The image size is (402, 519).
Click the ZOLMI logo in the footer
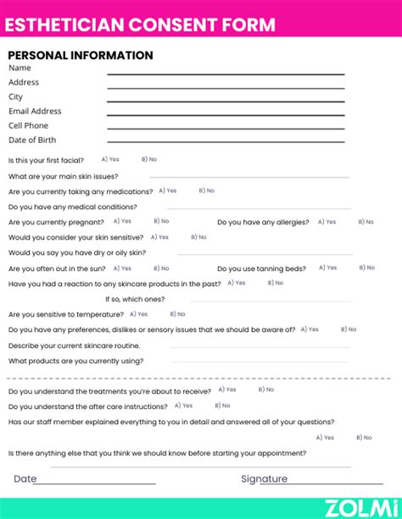point(361,506)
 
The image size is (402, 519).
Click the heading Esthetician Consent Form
point(140,24)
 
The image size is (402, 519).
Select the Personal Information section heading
point(81,56)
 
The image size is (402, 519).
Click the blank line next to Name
point(225,75)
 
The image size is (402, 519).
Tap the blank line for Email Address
point(225,116)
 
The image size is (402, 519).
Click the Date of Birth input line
point(225,144)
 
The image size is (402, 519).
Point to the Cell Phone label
point(29,125)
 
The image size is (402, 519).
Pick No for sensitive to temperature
point(174,313)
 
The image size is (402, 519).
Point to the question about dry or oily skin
point(77,252)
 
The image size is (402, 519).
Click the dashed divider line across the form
point(201,378)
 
